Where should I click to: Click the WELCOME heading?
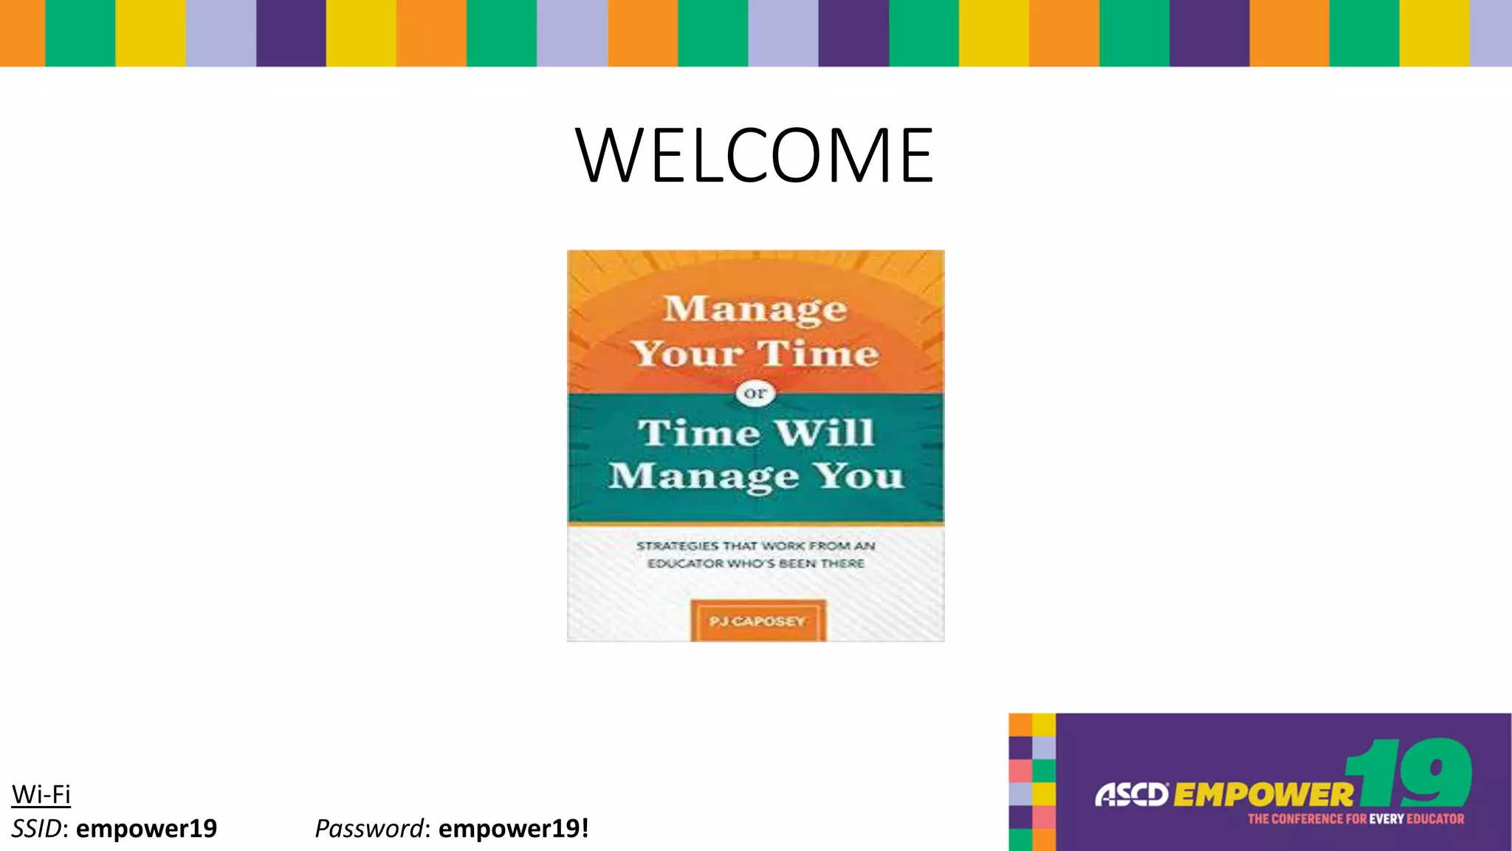pyautogui.click(x=755, y=155)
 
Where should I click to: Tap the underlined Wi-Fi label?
pyautogui.click(x=41, y=795)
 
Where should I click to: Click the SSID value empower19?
pyautogui.click(x=146, y=829)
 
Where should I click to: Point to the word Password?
pyautogui.click(x=369, y=829)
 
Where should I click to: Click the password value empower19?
pyautogui.click(x=514, y=829)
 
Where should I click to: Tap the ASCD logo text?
pyautogui.click(x=1130, y=795)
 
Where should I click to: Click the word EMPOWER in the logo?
pyautogui.click(x=1262, y=795)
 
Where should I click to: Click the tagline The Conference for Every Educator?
pyautogui.click(x=1355, y=819)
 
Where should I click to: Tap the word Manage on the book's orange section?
pyautogui.click(x=755, y=310)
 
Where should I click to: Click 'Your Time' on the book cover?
pyautogui.click(x=755, y=354)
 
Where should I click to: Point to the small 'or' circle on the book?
pyautogui.click(x=755, y=394)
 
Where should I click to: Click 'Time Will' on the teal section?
pyautogui.click(x=756, y=433)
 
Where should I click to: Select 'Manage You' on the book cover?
pyautogui.click(x=756, y=476)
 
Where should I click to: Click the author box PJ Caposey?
pyautogui.click(x=757, y=621)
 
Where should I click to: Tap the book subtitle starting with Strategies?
pyautogui.click(x=756, y=555)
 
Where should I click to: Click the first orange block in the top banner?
pyautogui.click(x=22, y=33)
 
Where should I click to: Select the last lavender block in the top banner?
pyautogui.click(x=1491, y=33)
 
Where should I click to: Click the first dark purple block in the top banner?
pyautogui.click(x=291, y=33)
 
